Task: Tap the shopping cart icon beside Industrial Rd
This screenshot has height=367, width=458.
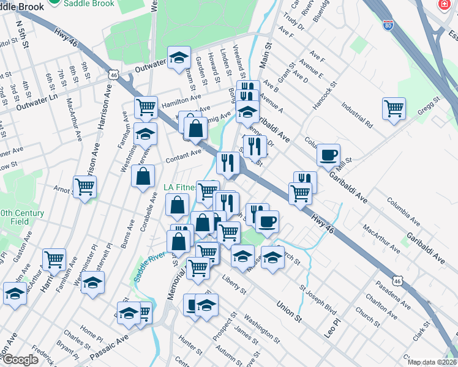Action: point(394,109)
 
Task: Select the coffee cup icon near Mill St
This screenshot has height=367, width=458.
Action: point(329,155)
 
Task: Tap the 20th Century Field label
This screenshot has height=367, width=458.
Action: point(22,217)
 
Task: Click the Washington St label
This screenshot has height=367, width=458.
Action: point(261,327)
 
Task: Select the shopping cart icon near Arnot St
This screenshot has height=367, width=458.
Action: point(85,187)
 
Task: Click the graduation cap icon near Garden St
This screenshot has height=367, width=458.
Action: point(178,57)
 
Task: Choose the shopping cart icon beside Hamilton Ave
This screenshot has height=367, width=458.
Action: point(146,107)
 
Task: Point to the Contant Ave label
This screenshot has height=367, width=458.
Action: point(183,157)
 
